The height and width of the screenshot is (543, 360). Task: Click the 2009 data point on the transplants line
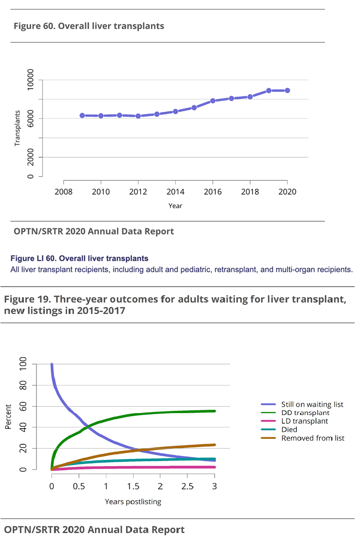click(82, 115)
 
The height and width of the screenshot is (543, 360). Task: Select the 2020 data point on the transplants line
click(288, 90)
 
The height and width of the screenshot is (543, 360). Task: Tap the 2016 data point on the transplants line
click(213, 101)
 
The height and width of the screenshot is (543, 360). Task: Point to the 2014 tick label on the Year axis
click(175, 191)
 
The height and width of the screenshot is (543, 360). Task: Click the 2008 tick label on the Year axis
click(63, 191)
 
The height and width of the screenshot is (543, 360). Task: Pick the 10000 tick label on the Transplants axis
click(31, 80)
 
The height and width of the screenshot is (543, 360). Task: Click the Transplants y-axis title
click(18, 128)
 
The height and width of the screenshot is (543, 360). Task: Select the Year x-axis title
click(175, 206)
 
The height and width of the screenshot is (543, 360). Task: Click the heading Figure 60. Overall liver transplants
click(89, 26)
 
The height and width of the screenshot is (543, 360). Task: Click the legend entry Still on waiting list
click(312, 404)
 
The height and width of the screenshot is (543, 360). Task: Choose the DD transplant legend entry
click(305, 413)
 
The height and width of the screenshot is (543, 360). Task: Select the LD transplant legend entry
click(305, 421)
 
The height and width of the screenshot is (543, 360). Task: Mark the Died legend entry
click(290, 430)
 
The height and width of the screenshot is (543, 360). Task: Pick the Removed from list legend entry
click(313, 438)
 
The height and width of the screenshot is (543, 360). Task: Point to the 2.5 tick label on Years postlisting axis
click(187, 488)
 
